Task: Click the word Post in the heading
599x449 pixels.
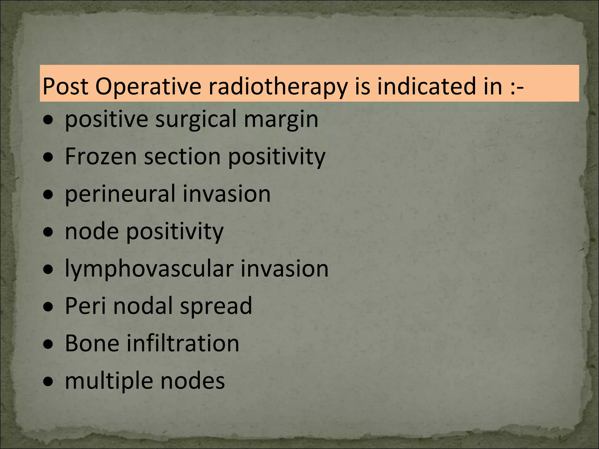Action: pyautogui.click(x=65, y=87)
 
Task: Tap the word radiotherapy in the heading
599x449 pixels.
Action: pyautogui.click(x=278, y=87)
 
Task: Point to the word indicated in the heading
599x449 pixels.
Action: pyautogui.click(x=427, y=87)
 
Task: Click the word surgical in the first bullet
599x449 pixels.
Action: pyautogui.click(x=196, y=120)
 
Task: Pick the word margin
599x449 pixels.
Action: pyautogui.click(x=281, y=120)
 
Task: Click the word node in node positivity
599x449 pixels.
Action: pyautogui.click(x=92, y=231)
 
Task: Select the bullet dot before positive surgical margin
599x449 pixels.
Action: pyautogui.click(x=48, y=120)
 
